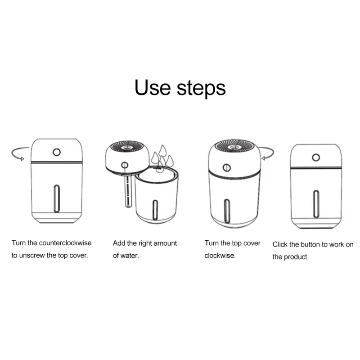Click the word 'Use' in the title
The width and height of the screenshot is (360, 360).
[x=153, y=87]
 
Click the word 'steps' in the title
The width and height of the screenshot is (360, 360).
[x=201, y=89]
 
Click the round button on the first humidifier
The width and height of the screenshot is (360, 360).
[x=57, y=152]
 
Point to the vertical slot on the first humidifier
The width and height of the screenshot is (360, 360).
[x=57, y=198]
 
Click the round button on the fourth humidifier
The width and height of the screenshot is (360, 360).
[x=316, y=157]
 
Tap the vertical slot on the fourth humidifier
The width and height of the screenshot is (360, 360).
[x=316, y=204]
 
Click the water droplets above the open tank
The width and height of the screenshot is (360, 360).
[x=162, y=157]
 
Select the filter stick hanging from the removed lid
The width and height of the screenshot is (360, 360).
[x=128, y=190]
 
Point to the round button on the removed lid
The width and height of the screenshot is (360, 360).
[x=125, y=165]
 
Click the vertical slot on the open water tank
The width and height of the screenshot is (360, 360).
[x=155, y=210]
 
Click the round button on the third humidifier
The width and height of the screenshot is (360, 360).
[x=227, y=167]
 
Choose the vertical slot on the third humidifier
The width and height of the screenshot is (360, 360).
[x=227, y=211]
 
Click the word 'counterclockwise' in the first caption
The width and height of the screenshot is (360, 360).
[x=65, y=243]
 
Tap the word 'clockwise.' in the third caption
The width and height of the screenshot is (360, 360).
[x=220, y=256]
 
